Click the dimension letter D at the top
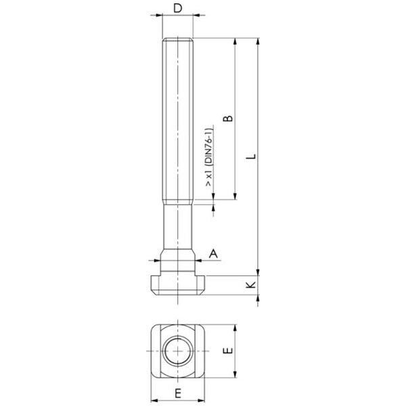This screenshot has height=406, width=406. [178, 8]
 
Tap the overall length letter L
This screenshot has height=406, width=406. [251, 156]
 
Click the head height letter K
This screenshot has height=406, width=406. [250, 286]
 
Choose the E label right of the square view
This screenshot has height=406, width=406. [228, 351]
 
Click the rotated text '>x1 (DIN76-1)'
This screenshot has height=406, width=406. [210, 157]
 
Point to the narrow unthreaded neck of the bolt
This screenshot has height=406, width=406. [178, 227]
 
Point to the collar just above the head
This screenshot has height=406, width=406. [178, 261]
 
